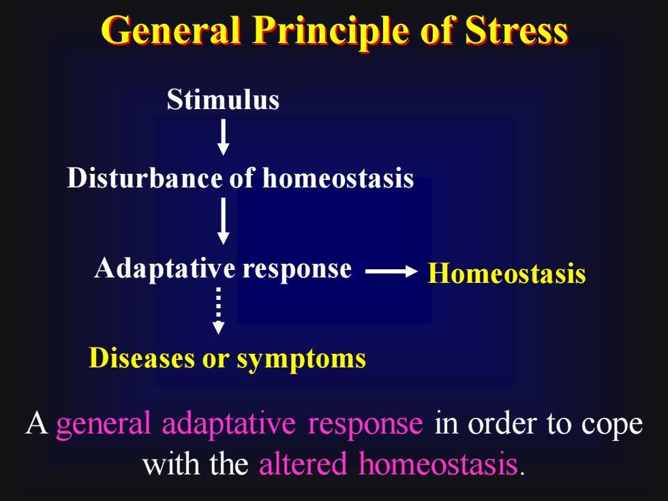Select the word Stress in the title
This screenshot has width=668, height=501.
pos(517,31)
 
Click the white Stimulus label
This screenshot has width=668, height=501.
pos(223,100)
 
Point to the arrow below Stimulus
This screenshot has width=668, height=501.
pos(224,137)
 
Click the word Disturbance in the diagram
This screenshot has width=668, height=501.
pos(145,177)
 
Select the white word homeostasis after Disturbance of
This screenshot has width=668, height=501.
pos(338,177)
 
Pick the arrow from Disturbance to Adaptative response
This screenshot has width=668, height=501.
pos(224,221)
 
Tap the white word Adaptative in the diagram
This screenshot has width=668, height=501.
pos(165,269)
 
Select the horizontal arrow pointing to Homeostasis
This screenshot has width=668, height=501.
pos(391,271)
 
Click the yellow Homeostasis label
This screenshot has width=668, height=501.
pos(506,273)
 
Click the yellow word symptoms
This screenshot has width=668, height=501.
pos(301,360)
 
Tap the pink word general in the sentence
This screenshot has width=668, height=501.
pos(103,424)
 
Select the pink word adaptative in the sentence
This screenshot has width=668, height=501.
pos(229,424)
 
